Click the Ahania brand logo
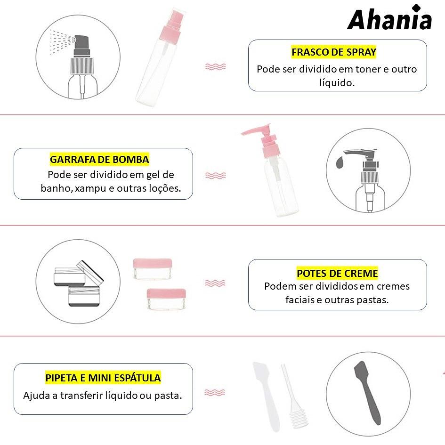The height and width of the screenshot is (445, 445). click(389, 17)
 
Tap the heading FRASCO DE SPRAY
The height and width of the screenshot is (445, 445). click(334, 52)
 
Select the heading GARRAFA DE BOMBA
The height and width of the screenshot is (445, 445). click(99, 160)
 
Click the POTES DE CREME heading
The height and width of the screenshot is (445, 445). click(337, 273)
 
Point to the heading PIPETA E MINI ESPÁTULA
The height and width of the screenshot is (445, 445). click(103, 378)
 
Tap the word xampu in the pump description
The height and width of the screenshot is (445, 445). click(90, 188)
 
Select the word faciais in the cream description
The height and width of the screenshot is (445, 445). click(299, 300)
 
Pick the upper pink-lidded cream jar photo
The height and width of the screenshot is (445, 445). click(153, 269)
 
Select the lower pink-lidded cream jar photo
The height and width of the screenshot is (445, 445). click(166, 299)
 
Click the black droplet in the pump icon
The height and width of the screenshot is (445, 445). click(340, 162)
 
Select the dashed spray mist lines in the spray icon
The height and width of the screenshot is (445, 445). click(61, 42)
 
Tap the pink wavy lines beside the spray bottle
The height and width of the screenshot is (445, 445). click(215, 67)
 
